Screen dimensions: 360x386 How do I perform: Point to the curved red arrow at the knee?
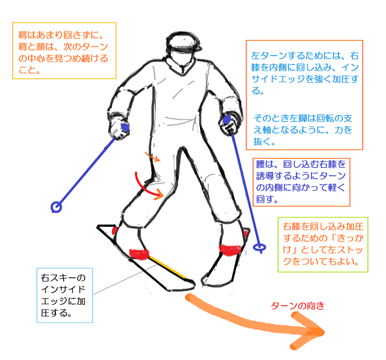(145, 186)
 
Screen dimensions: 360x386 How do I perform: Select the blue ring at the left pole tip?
(56, 207)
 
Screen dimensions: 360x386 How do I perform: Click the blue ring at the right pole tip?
(261, 247)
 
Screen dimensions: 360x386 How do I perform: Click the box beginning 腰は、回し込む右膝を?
(300, 182)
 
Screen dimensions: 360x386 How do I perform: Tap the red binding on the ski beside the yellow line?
(138, 252)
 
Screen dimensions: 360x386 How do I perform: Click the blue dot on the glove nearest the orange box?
(126, 129)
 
